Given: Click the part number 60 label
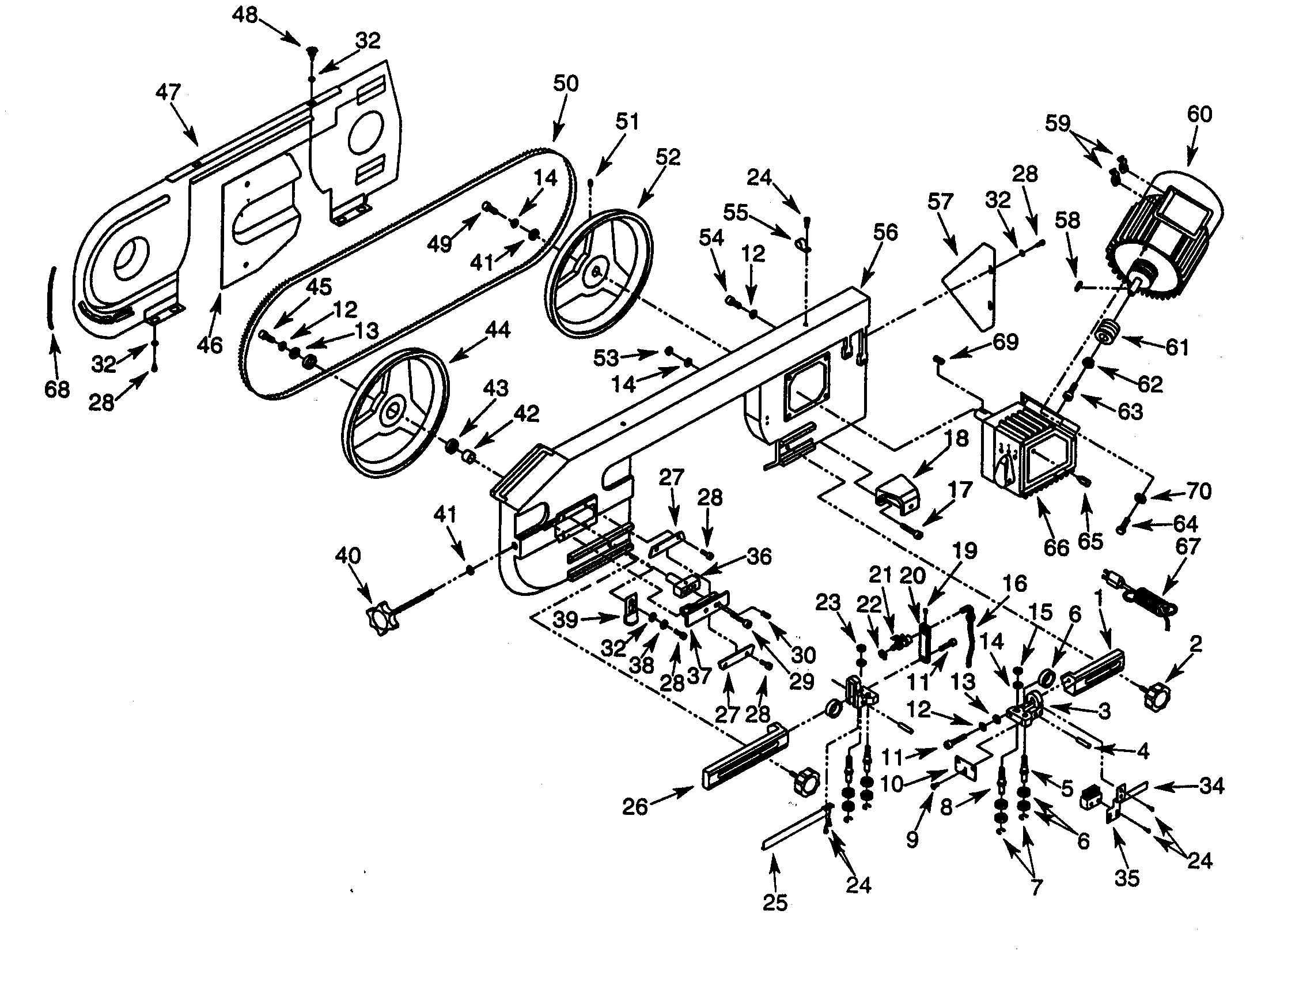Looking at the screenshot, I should coord(1199,115).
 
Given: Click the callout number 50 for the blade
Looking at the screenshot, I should coord(566,84).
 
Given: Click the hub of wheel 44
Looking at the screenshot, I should coord(392,409).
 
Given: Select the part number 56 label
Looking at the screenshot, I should coord(885,233).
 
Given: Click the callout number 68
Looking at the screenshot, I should coord(57,390).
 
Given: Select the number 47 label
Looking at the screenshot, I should coord(168,92).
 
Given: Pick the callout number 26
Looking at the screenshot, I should coord(635,806).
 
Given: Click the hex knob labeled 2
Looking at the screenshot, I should coord(1156,697).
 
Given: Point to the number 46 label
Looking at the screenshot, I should coord(210,345).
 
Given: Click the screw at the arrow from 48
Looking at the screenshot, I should coord(312,52).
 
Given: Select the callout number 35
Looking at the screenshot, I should coord(1126,879).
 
